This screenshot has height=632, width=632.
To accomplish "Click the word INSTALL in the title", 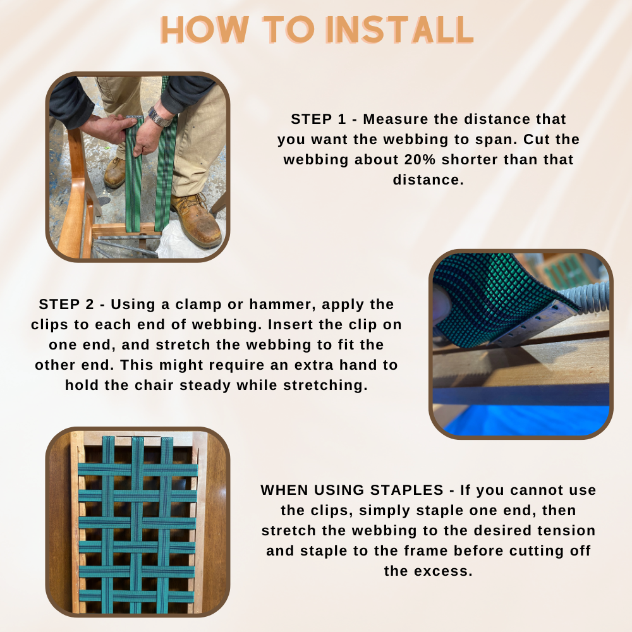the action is [399, 30].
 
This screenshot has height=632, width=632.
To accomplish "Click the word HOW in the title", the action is [205, 30].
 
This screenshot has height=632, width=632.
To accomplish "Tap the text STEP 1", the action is [319, 119].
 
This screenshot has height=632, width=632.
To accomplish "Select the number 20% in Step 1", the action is [420, 160].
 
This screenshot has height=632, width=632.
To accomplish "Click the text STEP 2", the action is [66, 305].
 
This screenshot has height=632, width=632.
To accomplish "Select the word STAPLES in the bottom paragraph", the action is [406, 490].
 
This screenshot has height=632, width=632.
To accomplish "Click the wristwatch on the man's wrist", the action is [160, 116].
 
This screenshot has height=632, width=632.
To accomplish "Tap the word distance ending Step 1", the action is [428, 179].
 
